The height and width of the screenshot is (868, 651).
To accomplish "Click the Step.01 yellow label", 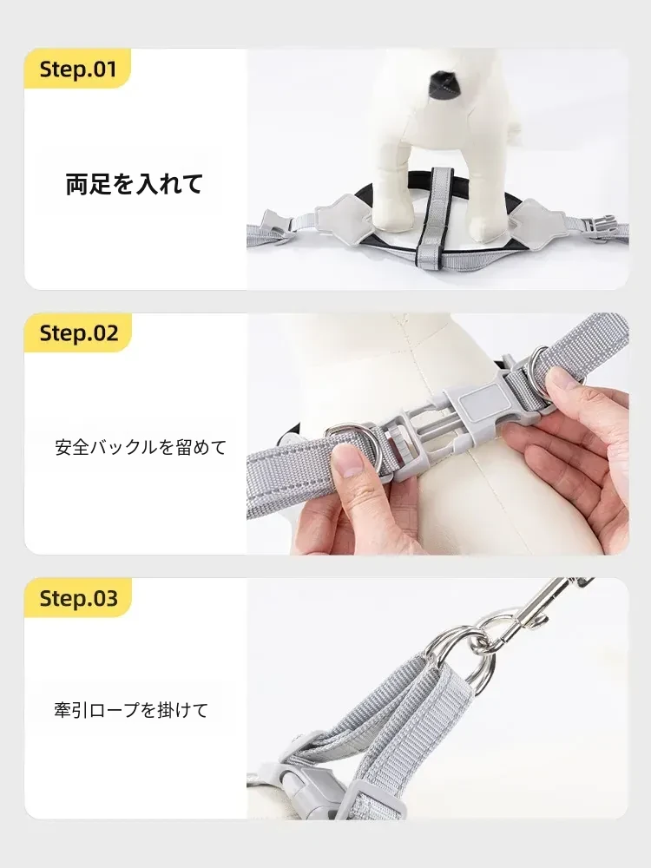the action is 77,69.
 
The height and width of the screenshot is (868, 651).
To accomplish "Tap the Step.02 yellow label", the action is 77,332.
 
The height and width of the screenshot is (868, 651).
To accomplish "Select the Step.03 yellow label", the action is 77,598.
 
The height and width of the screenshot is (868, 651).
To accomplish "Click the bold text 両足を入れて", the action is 135,184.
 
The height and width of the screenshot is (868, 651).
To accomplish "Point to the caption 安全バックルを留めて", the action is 141,447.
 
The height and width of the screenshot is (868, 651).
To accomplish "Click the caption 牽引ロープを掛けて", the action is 131,710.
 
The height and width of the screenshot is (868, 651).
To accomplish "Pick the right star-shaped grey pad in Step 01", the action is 534,220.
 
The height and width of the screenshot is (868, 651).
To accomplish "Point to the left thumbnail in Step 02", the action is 348,460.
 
